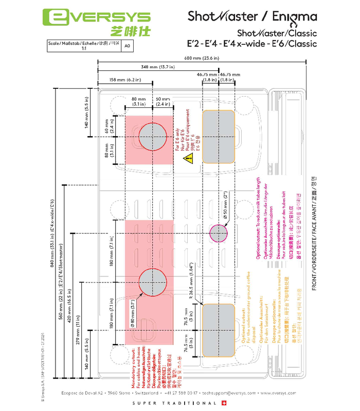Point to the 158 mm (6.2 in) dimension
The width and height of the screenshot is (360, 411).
125,80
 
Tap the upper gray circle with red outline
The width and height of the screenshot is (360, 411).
152,137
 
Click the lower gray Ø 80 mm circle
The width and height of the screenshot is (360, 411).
152,283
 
